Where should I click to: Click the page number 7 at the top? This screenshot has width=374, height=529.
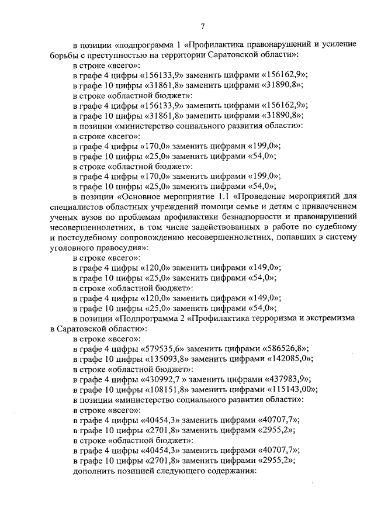[202, 26]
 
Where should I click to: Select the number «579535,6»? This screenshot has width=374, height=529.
[162, 348]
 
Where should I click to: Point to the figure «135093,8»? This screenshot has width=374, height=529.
[169, 359]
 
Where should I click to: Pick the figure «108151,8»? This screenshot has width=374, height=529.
[169, 390]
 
